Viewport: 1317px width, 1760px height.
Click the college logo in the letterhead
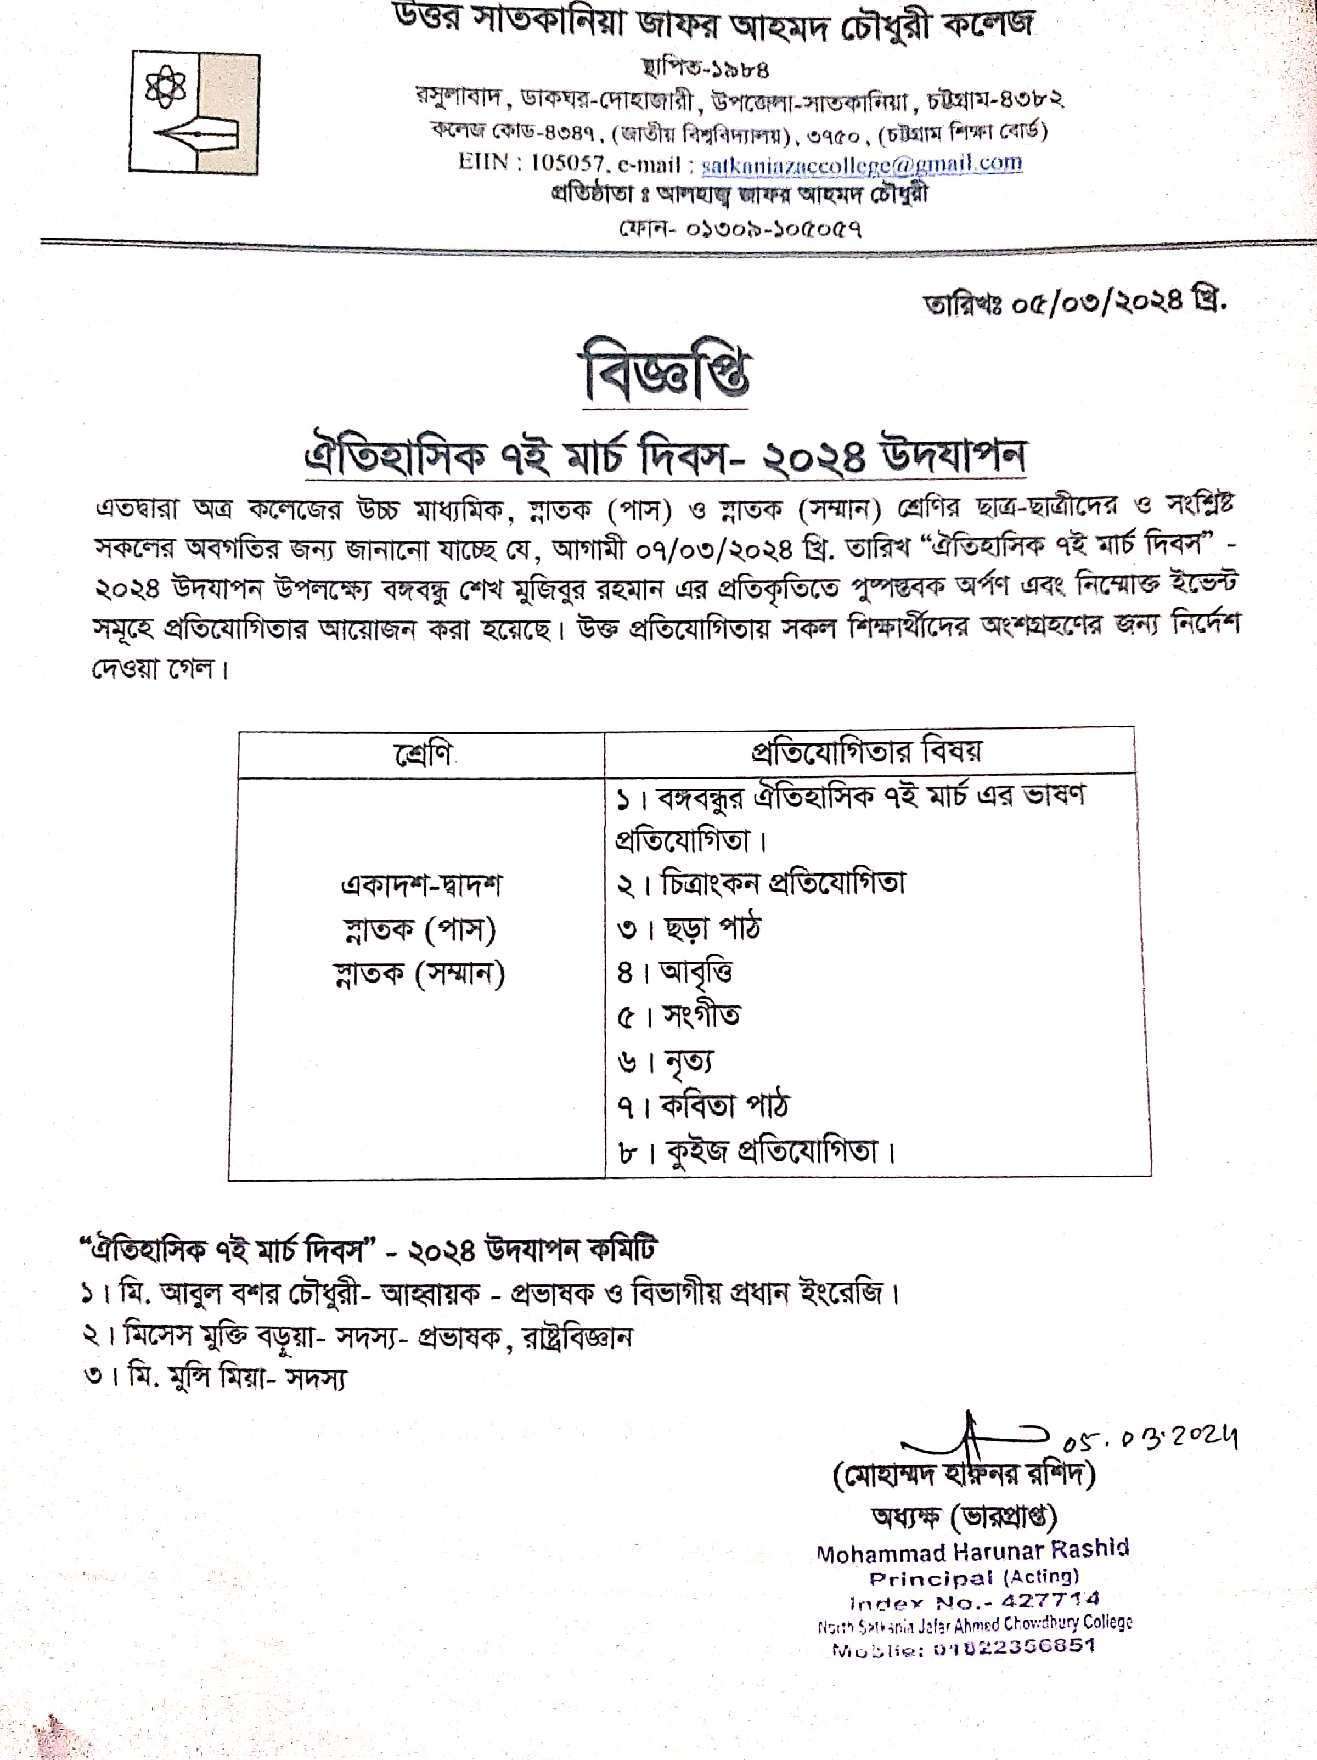tap(194, 113)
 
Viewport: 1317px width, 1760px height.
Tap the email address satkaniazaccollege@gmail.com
tap(862, 163)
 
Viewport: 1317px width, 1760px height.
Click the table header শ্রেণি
tap(423, 753)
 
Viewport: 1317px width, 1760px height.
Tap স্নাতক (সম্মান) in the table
tap(419, 973)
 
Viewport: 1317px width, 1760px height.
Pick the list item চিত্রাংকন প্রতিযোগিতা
tap(783, 883)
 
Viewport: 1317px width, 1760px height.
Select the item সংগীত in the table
tap(700, 1016)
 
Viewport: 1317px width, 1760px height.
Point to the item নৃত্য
tap(688, 1060)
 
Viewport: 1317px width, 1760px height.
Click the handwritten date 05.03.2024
tap(1149, 1440)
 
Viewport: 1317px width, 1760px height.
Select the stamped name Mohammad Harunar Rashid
tap(972, 1551)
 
